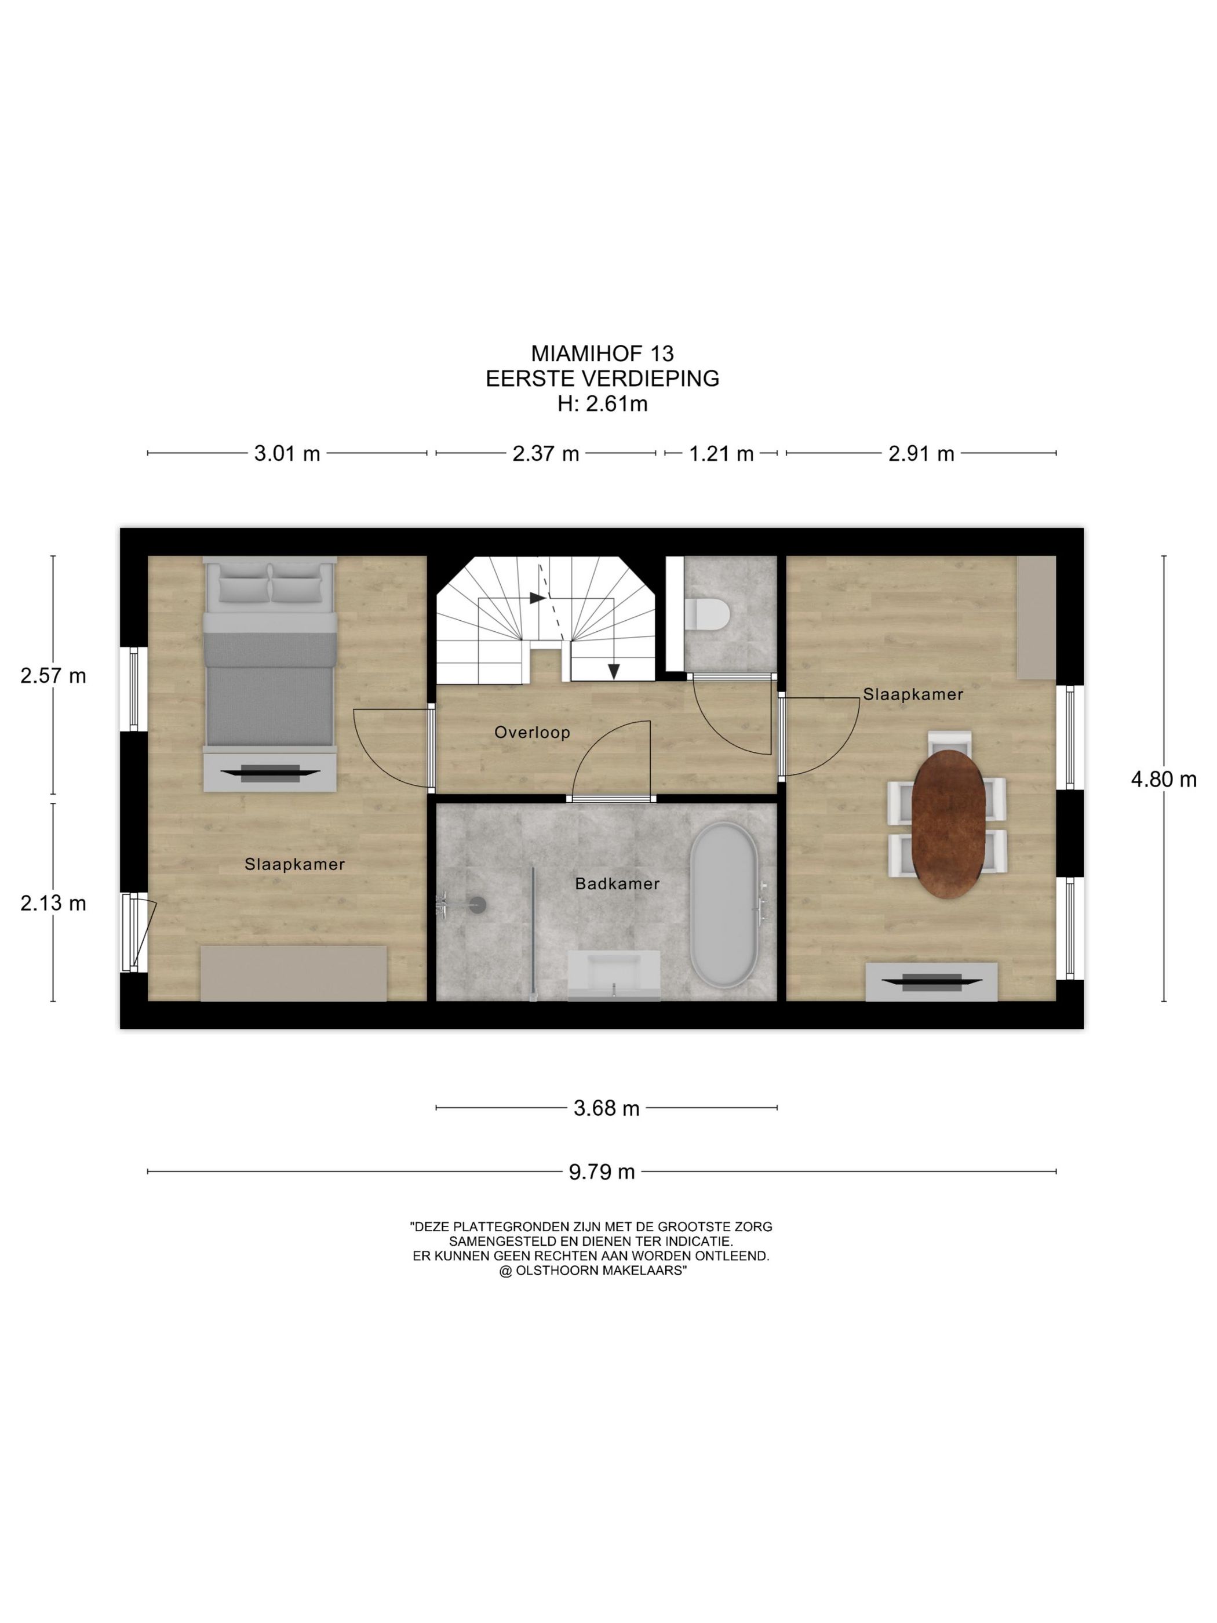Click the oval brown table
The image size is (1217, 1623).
point(949,824)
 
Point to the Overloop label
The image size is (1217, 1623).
point(532,732)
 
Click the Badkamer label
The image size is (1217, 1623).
point(617,883)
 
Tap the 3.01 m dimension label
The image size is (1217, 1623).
point(287,453)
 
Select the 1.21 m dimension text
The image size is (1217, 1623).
point(721,453)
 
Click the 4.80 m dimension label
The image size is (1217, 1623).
point(1164,779)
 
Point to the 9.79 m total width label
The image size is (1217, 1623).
point(602,1172)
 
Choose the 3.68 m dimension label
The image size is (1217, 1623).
point(607,1108)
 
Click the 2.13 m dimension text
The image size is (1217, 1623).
point(53,903)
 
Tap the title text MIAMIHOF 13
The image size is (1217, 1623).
point(602,354)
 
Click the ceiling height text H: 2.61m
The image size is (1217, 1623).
point(602,403)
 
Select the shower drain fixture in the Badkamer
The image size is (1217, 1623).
point(478,905)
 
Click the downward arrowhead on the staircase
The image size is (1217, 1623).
point(614,671)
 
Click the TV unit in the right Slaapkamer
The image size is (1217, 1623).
point(931,982)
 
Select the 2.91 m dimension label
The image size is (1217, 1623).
point(921,453)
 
